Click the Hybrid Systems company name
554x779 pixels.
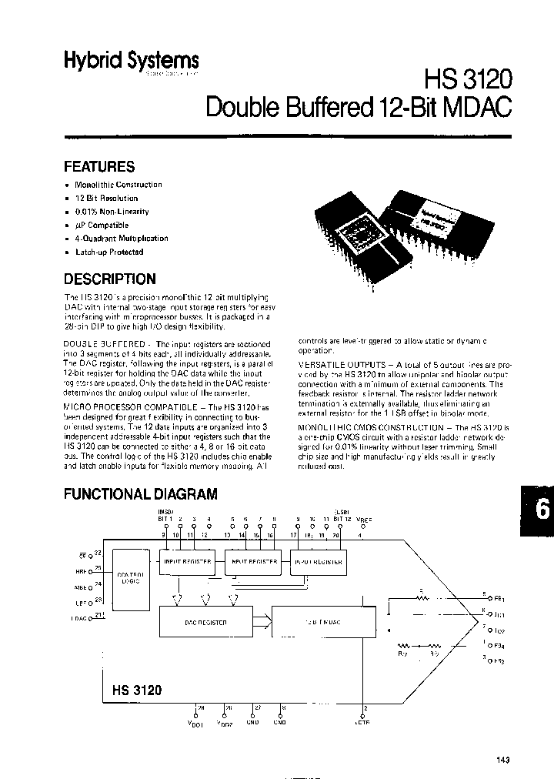point(131,62)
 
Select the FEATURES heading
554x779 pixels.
point(98,166)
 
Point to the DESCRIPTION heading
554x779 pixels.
point(109,279)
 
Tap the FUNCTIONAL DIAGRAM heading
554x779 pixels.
point(140,494)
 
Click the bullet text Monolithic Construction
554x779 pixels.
point(118,185)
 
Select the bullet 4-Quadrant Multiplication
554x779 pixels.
point(121,239)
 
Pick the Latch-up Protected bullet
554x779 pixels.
point(109,252)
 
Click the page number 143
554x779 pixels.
point(502,761)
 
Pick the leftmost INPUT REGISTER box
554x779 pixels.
point(189,563)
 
